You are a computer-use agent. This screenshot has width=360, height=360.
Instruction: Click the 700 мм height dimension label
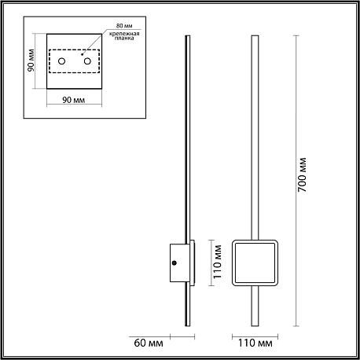[303, 174]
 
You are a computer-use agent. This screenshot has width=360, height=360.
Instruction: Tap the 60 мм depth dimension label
[149, 343]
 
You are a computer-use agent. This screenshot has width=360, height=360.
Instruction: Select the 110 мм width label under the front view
[255, 343]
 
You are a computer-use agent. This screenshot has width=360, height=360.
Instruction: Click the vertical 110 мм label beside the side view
[217, 262]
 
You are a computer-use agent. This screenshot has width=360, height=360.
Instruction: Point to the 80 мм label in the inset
[124, 26]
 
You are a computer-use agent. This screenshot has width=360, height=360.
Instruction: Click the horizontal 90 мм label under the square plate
[74, 100]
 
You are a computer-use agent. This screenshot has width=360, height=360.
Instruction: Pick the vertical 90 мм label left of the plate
[31, 61]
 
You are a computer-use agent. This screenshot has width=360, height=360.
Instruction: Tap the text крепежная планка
[124, 35]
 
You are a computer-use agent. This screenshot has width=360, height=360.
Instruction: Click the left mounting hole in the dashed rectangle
[62, 61]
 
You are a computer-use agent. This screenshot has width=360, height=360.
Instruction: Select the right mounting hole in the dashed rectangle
[87, 61]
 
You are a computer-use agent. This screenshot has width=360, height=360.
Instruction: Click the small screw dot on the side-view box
[174, 263]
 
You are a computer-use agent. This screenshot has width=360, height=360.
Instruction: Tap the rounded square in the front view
[233, 263]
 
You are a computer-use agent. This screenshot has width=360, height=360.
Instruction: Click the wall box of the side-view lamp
[179, 263]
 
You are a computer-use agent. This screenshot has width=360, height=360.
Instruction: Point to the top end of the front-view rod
[255, 35]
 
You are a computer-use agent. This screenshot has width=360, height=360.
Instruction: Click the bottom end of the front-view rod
[255, 326]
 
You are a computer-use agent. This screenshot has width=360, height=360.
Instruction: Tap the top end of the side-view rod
[188, 35]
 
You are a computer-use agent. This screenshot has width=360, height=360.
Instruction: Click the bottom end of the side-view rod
[188, 326]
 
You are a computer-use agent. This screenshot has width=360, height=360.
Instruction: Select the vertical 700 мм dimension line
[296, 181]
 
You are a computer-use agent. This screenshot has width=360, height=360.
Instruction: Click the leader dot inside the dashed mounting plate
[82, 55]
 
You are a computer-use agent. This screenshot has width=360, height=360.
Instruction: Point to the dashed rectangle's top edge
[74, 50]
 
